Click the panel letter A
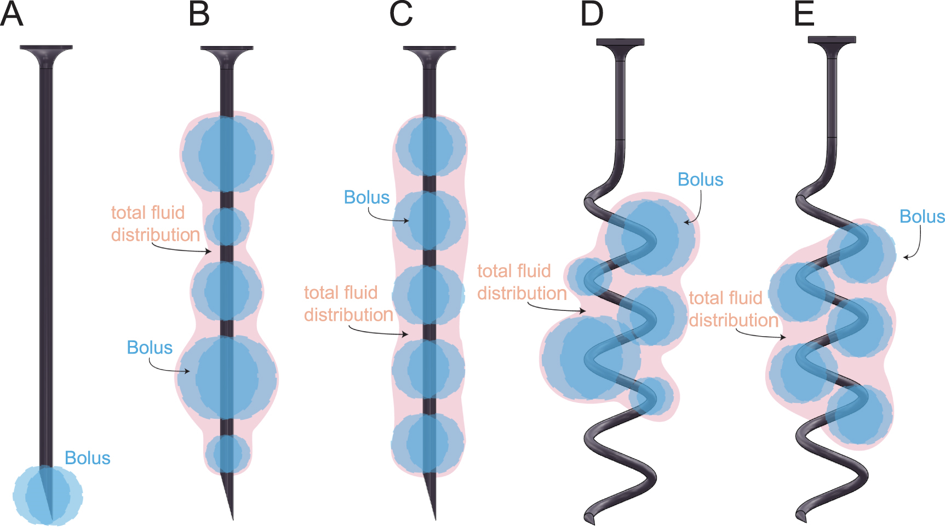[12, 15]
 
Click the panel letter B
[199, 15]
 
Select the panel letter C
[401, 15]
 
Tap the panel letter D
[592, 15]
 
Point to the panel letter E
[804, 15]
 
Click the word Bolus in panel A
[88, 458]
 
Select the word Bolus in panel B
[150, 348]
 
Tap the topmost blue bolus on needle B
[227, 154]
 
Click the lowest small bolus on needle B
[228, 454]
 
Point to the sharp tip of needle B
[232, 517]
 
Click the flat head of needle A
[46, 48]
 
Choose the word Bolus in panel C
[366, 198]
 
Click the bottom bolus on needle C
[428, 444]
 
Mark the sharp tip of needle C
[435, 517]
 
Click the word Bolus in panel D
[700, 180]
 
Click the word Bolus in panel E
[922, 217]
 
